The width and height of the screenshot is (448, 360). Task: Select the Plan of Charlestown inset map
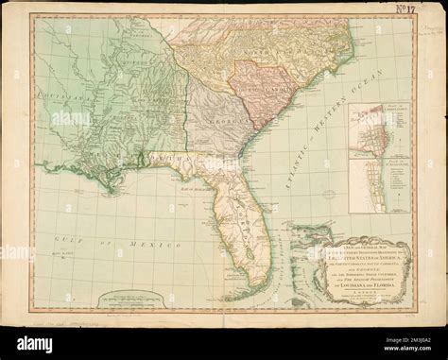371,132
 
